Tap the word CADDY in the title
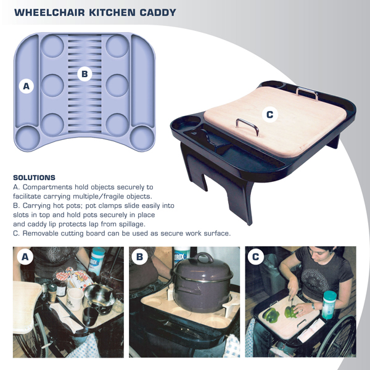tap(157, 12)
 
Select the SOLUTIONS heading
tap(34, 178)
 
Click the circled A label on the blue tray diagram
tap(26, 87)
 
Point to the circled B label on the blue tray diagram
tap(84, 74)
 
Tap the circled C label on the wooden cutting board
tap(268, 114)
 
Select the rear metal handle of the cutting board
tap(306, 92)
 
